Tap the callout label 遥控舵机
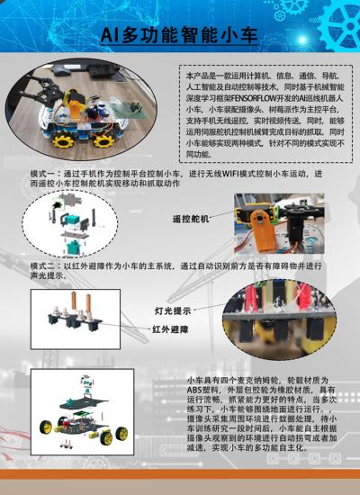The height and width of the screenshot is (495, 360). point(190,219)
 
